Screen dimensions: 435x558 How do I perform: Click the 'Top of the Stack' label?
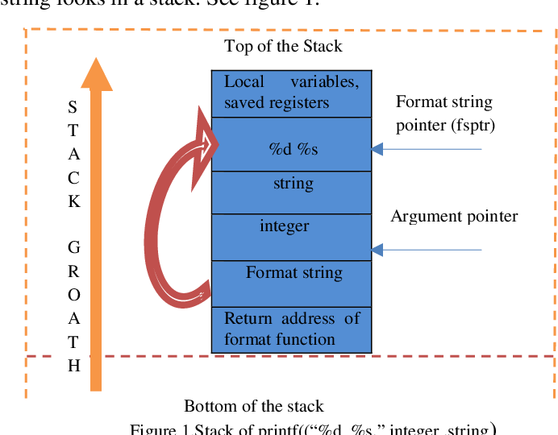point(283,46)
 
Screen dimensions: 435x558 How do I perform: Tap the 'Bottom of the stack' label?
point(254,405)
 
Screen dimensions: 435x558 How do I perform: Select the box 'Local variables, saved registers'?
point(291,93)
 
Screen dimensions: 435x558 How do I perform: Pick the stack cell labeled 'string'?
point(291,192)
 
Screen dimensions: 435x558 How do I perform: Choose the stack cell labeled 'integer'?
point(291,236)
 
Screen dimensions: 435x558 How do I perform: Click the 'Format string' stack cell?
point(291,283)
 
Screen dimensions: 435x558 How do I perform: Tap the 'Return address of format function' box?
point(291,329)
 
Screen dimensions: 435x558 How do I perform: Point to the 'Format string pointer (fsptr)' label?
point(443,113)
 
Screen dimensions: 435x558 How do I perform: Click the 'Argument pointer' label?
point(454,216)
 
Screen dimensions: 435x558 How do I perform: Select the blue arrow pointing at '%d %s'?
point(427,149)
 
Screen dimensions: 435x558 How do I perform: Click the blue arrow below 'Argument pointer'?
point(427,251)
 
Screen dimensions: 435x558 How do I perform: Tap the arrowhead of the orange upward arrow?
point(97,74)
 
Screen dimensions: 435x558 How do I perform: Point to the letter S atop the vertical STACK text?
point(73,107)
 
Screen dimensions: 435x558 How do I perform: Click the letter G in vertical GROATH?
point(73,246)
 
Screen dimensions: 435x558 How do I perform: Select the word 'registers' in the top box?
point(301,102)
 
